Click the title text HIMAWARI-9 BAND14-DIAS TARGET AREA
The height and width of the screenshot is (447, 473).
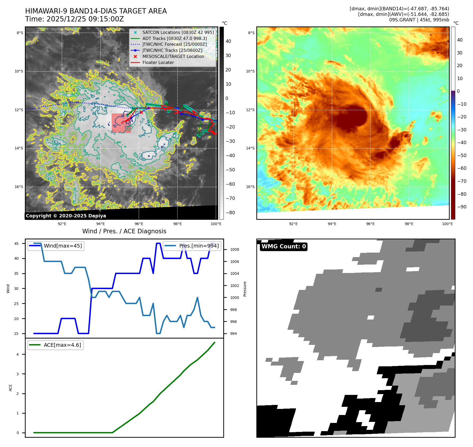point(96,11)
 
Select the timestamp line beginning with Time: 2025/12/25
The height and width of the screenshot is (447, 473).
point(74,19)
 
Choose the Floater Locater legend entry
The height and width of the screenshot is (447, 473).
point(158,62)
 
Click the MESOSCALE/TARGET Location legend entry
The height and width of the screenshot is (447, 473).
point(173,56)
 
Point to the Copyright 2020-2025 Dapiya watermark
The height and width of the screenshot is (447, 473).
point(66,216)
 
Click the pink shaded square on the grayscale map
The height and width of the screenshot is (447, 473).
point(121,123)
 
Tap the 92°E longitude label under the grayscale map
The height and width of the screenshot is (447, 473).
point(62,224)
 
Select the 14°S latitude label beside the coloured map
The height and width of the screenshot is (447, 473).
point(250,148)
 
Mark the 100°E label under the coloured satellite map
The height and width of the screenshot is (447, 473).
point(447,224)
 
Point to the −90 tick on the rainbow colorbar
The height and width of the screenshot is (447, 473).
point(462,207)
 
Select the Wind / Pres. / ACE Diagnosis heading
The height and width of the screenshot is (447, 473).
point(124,231)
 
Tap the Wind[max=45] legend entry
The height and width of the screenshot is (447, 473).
point(63,246)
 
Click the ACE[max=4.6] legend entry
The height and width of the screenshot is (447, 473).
point(62,345)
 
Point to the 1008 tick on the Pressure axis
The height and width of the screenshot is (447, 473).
point(234,249)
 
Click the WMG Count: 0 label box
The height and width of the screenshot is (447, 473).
point(284,247)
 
